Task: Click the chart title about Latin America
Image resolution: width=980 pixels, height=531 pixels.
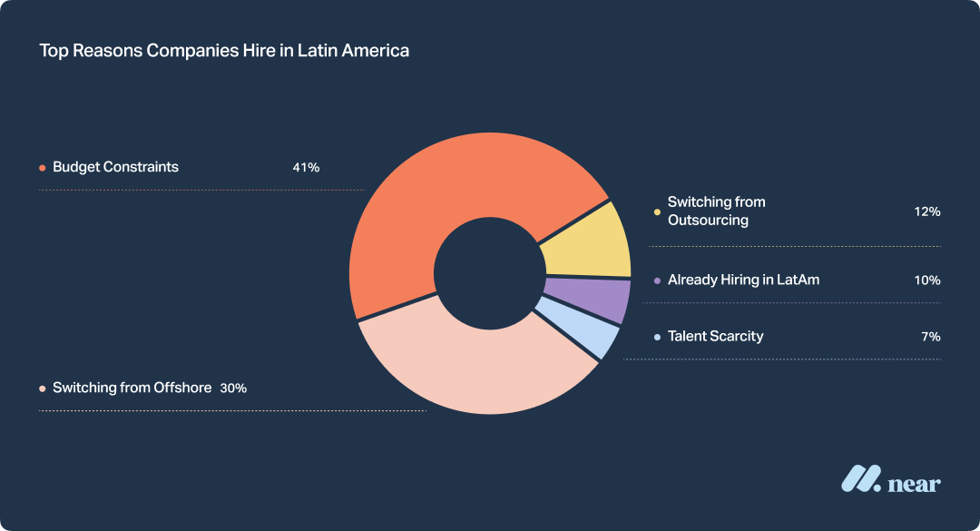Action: click(x=224, y=51)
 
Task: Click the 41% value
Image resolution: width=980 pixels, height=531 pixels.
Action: click(x=306, y=168)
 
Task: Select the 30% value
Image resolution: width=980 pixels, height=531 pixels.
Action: click(x=233, y=388)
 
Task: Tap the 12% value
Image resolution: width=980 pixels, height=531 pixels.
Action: click(x=927, y=211)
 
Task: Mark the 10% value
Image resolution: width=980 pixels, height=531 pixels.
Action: click(x=927, y=280)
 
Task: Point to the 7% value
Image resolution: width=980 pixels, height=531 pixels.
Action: click(x=931, y=337)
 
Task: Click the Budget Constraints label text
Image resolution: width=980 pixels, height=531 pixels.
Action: click(x=115, y=167)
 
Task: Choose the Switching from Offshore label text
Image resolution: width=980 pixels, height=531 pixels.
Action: click(x=132, y=388)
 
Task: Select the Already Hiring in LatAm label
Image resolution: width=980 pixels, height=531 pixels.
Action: click(x=743, y=280)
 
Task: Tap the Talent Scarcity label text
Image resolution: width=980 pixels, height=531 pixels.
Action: click(x=715, y=337)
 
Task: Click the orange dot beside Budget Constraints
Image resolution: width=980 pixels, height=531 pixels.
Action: click(x=43, y=168)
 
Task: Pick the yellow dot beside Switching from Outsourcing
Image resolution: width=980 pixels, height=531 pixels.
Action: click(x=657, y=212)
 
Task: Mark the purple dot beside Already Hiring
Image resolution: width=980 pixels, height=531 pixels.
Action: click(x=657, y=281)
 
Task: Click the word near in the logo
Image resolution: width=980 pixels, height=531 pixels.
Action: click(x=914, y=484)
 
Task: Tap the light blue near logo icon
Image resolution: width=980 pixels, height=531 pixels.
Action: click(x=859, y=478)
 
